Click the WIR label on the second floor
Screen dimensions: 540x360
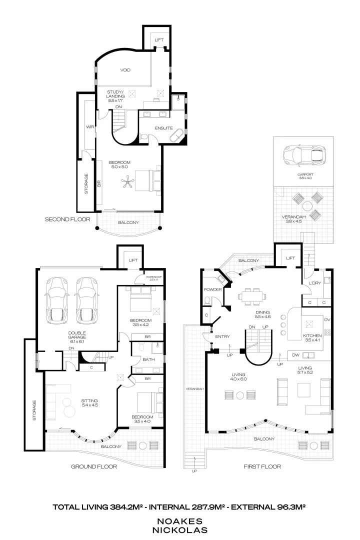[90, 127]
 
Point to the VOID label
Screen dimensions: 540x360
[125, 70]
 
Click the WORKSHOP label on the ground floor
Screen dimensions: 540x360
[151, 277]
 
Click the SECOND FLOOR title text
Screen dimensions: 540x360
[67, 219]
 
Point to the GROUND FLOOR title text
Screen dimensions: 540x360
[94, 466]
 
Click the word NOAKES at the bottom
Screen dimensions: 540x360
[179, 520]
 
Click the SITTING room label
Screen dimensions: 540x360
[89, 400]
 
